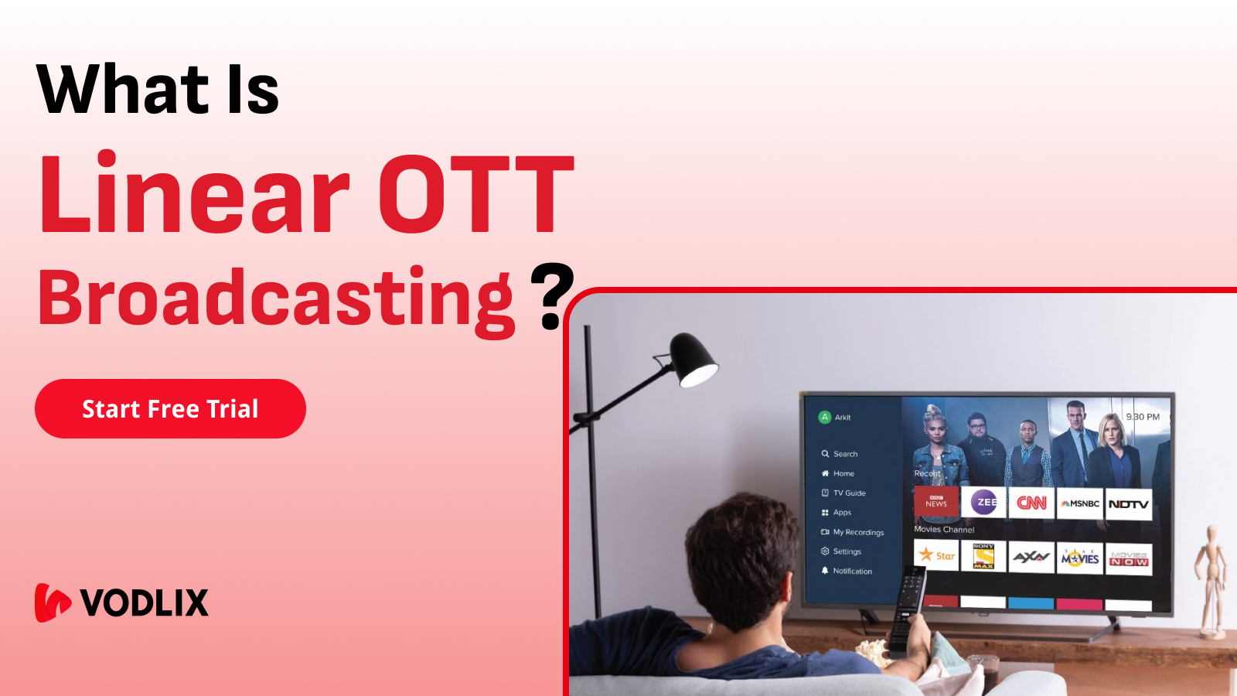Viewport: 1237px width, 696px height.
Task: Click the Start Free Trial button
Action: point(170,408)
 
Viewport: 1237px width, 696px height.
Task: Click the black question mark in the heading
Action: point(552,296)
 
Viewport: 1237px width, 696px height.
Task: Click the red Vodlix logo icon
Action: point(53,602)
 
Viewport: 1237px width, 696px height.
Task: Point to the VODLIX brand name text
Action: point(145,603)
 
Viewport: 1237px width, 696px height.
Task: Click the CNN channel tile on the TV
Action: point(1031,503)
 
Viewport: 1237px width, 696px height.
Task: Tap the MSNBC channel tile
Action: point(1080,503)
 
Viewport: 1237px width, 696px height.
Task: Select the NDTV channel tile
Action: point(1128,504)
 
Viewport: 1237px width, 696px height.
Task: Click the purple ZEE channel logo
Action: point(983,502)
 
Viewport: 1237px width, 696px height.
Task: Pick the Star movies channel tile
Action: point(936,555)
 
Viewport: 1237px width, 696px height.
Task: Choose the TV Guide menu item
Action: point(849,493)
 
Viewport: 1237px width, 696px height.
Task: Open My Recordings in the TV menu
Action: point(857,532)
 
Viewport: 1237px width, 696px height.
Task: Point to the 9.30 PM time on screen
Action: point(1143,417)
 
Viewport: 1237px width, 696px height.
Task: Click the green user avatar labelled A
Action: point(825,417)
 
